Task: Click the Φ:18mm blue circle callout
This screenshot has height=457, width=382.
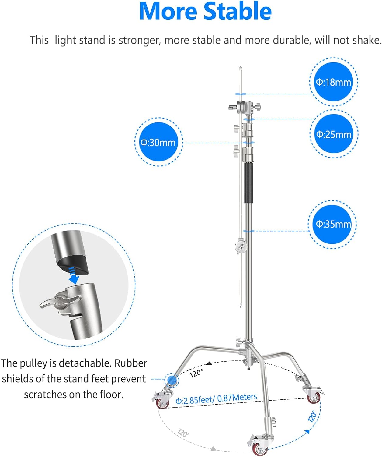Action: (x=333, y=82)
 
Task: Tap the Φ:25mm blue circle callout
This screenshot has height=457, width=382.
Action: (x=334, y=134)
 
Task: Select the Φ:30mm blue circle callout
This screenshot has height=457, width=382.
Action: (x=158, y=142)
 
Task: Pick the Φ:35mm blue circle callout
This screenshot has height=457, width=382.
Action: (x=332, y=224)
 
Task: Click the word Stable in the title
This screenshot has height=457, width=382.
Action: (x=238, y=11)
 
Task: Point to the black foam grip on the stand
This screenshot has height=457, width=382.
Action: (x=249, y=183)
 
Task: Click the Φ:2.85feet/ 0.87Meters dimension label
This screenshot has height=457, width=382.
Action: (x=216, y=399)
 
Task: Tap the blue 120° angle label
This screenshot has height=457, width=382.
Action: (x=312, y=416)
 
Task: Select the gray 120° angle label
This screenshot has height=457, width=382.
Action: (x=183, y=433)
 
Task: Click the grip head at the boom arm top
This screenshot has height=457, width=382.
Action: (x=245, y=107)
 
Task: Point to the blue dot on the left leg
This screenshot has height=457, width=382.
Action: (x=172, y=380)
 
